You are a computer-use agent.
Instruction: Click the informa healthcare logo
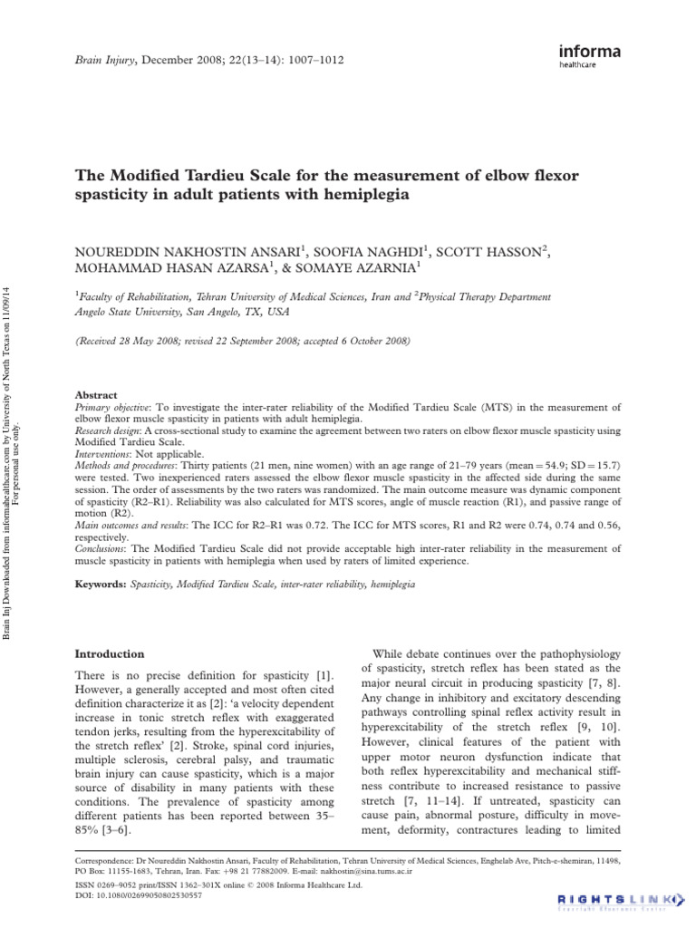pyautogui.click(x=590, y=57)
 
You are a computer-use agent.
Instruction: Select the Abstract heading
pyautogui.click(x=96, y=395)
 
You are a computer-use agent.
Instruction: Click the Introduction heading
pyautogui.click(x=109, y=652)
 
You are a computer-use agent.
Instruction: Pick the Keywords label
pyautogui.click(x=102, y=585)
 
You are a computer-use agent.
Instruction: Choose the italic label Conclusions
pyautogui.click(x=101, y=548)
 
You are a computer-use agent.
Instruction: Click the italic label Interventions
pyautogui.click(x=102, y=454)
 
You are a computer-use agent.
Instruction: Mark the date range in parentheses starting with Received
pyautogui.click(x=243, y=341)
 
